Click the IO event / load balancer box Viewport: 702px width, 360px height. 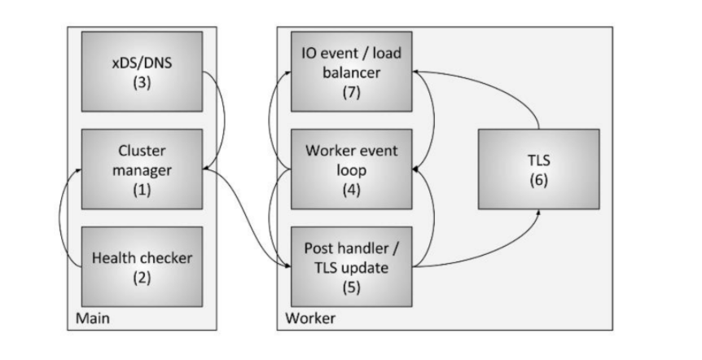352,72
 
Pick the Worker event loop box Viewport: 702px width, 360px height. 352,169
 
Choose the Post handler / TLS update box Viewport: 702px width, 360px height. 352,267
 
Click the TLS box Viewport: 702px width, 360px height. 538,169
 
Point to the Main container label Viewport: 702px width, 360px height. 91,318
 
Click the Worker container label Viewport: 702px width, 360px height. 309,318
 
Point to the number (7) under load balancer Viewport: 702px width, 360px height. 352,93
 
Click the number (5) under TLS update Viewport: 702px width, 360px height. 352,287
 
